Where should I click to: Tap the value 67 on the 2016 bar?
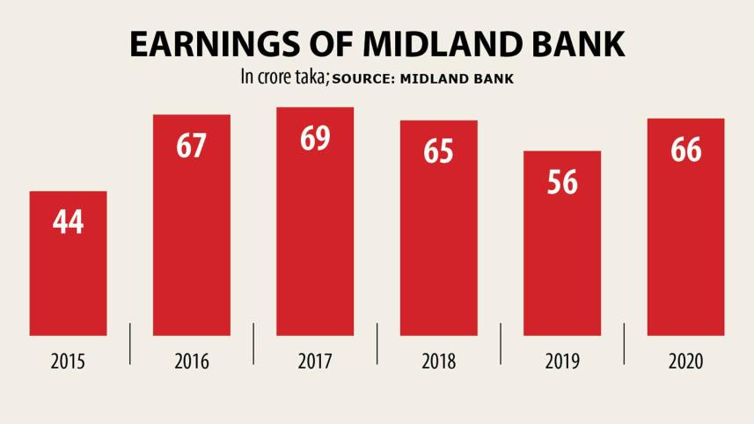(x=192, y=146)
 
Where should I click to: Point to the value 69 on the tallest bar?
(x=315, y=139)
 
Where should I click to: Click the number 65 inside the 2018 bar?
(x=438, y=151)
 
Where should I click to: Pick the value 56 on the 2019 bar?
(x=562, y=182)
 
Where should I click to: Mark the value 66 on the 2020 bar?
(x=685, y=150)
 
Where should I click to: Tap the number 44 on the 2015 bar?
(x=68, y=223)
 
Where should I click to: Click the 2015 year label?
(x=68, y=362)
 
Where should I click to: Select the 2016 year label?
(x=192, y=362)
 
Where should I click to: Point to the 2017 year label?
(x=315, y=362)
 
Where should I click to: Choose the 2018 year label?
(x=438, y=362)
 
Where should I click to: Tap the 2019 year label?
(x=562, y=362)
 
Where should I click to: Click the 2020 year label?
(x=685, y=362)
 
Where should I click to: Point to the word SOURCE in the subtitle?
(x=363, y=79)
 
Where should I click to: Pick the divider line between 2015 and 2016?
(x=130, y=343)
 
